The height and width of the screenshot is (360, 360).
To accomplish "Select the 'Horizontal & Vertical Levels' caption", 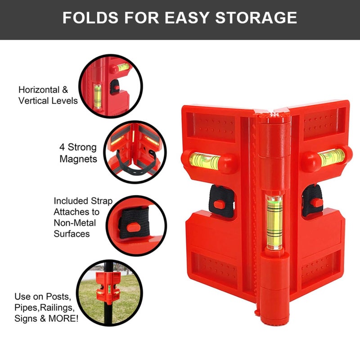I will click(x=48, y=95).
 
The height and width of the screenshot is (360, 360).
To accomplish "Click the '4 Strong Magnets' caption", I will click(x=78, y=153).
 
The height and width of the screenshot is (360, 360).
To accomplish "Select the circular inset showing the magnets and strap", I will click(x=135, y=151).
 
